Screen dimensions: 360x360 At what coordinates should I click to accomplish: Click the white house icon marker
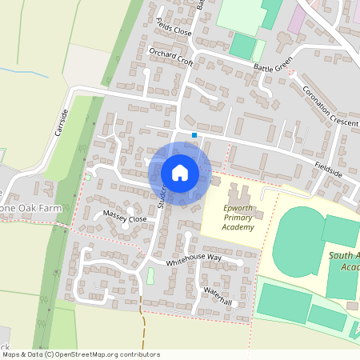(180, 172)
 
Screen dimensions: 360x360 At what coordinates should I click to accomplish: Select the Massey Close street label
(126, 217)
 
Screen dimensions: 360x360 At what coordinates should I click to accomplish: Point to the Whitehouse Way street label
(194, 259)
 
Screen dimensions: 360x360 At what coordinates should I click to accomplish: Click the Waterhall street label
(217, 296)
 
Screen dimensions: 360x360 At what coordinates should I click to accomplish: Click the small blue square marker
(194, 135)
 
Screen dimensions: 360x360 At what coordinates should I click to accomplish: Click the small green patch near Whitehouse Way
(150, 276)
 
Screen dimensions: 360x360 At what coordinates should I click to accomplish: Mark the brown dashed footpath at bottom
(142, 320)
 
